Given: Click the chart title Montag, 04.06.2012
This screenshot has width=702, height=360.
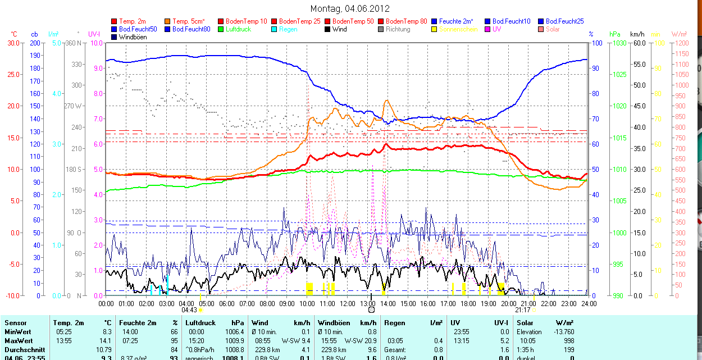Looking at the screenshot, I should point(350,8).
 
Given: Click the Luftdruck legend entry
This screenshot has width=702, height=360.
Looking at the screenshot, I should point(235,29).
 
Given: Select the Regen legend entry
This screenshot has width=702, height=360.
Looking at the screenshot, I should point(288,29).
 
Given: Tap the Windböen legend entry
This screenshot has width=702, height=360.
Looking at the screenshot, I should point(133,37).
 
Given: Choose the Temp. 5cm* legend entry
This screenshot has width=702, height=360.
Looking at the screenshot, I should point(188,21).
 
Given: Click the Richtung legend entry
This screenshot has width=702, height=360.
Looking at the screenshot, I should point(398,29).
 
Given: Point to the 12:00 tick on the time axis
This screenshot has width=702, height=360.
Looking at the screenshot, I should point(347,304).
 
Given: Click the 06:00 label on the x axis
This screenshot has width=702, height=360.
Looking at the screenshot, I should point(226,304).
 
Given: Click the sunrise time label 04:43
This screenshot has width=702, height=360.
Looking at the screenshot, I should point(189,310).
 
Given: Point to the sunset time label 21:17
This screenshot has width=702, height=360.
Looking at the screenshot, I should point(522,310).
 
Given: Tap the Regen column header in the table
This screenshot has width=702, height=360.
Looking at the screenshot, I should point(394,323).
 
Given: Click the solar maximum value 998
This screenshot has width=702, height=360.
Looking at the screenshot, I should point(568,341).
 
